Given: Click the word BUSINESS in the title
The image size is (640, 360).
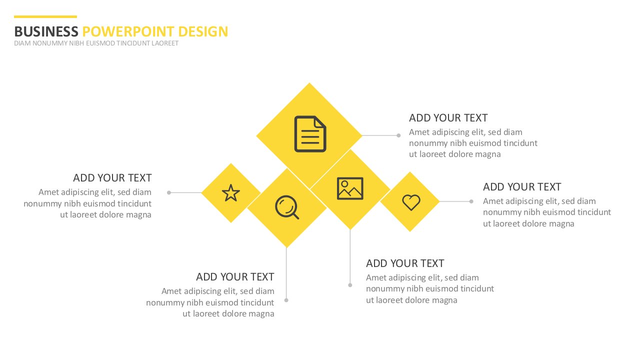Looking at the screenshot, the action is click(x=46, y=31).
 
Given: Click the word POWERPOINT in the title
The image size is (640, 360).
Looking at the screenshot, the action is click(x=128, y=31).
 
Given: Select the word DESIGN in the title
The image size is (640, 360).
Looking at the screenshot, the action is click(x=203, y=31).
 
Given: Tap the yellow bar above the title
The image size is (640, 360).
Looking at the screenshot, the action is click(x=45, y=16).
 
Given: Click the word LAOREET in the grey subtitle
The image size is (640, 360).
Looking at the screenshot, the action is click(x=165, y=43).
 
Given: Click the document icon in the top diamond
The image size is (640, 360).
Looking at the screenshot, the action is click(x=310, y=133).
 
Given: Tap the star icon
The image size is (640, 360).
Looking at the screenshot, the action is click(x=231, y=193).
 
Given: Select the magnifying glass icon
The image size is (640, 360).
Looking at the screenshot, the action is click(x=287, y=207).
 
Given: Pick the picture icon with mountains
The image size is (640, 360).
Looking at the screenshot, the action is click(x=350, y=188).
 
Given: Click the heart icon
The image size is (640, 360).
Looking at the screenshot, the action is click(x=411, y=202).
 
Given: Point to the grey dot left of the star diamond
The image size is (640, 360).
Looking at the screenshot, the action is click(x=169, y=192).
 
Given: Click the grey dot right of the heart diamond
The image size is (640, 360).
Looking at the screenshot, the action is click(x=471, y=201).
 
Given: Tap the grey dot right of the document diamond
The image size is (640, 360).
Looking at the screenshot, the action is click(x=398, y=135).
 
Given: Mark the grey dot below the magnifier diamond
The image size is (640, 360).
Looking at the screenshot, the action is click(x=286, y=300).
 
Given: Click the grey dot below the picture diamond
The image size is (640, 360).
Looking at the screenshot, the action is click(x=350, y=285).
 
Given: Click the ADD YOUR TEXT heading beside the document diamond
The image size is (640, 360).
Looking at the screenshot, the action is click(x=448, y=117).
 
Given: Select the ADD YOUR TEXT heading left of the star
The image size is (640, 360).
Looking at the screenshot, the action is click(x=112, y=177).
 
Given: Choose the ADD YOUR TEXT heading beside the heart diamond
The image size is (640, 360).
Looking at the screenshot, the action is click(x=522, y=187).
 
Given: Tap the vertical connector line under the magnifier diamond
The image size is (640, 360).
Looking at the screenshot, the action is click(x=286, y=273).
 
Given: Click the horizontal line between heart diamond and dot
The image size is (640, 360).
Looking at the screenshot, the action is click(x=454, y=201).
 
